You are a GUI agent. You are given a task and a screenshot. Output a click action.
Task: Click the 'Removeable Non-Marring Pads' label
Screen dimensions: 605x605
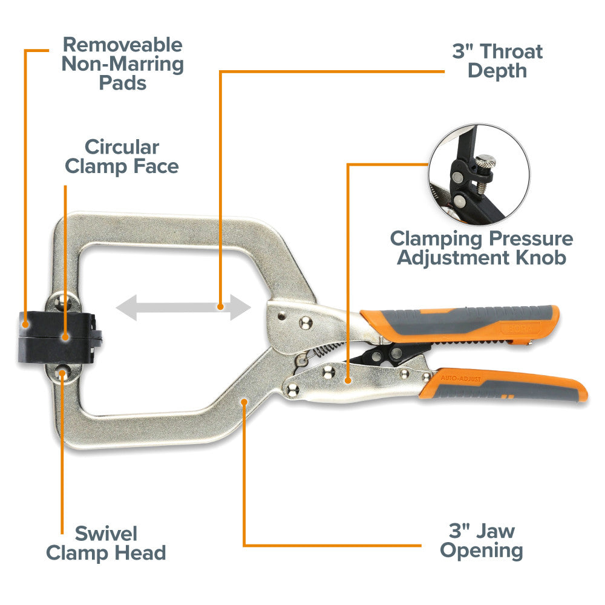pos(122,64)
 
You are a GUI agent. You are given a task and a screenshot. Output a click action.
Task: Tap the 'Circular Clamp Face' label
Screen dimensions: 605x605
pos(122,156)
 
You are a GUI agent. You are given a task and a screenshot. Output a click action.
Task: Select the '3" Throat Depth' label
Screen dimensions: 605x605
pos(497,60)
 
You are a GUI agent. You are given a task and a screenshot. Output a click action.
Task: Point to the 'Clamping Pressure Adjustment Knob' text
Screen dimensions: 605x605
pos(481,247)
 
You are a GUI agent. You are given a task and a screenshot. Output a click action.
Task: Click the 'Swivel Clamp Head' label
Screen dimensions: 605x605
pos(106,543)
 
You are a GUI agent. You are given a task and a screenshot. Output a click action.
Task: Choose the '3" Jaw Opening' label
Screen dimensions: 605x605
pos(482,541)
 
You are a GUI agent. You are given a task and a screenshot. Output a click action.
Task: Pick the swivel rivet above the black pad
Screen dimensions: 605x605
pos(62,299)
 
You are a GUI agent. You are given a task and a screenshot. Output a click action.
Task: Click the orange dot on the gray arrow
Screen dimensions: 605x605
pos(221,307)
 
